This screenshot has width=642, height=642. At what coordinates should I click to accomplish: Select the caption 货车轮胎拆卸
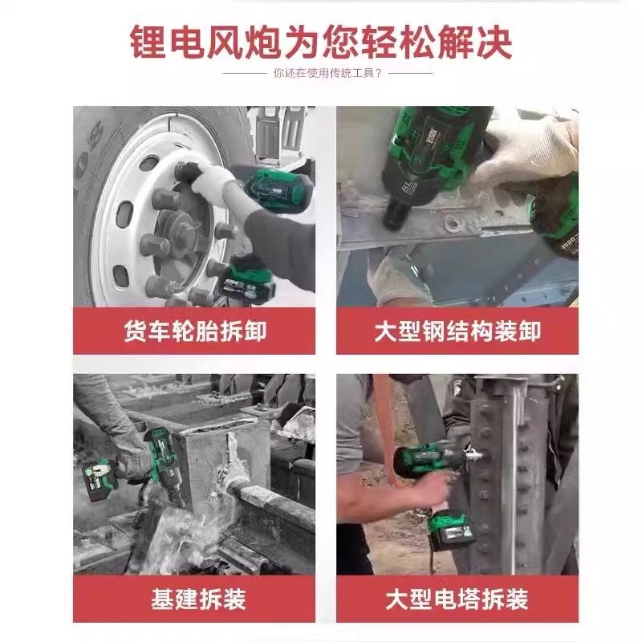194,331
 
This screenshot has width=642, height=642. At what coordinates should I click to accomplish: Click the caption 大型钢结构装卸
457,331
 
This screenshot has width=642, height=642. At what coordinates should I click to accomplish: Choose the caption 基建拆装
194,598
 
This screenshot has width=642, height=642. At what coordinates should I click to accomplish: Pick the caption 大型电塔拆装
457,598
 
